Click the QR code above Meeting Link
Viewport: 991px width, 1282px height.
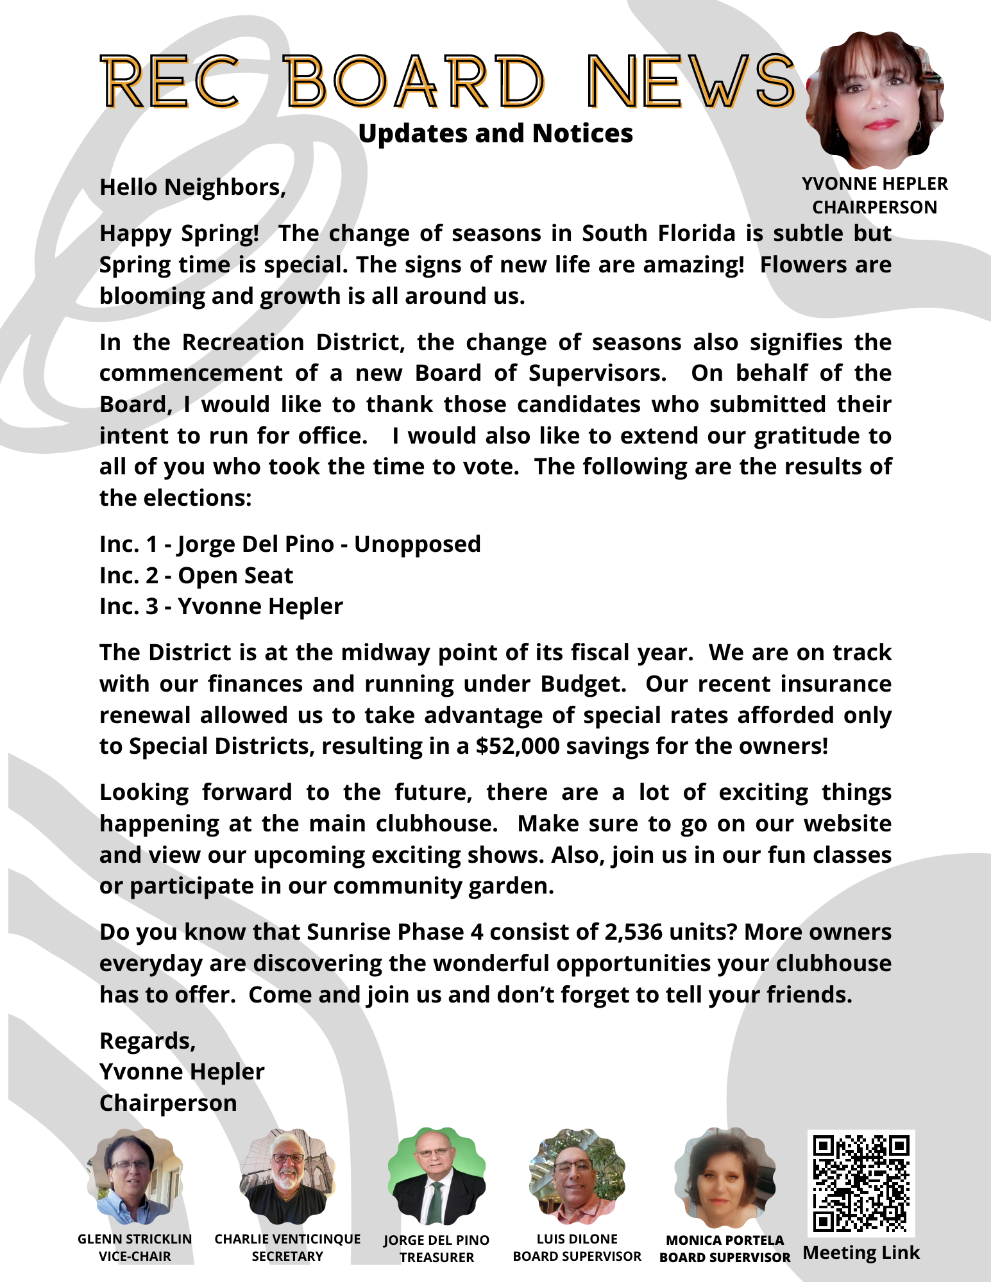pyautogui.click(x=861, y=1183)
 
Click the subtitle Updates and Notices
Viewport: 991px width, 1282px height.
pyautogui.click(x=495, y=133)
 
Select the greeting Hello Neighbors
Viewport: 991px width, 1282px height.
pyautogui.click(x=192, y=187)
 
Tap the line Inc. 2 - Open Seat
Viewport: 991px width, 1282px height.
pyautogui.click(x=196, y=575)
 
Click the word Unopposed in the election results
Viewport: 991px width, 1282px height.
pyautogui.click(x=417, y=544)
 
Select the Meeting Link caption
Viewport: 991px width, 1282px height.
pyautogui.click(x=861, y=1253)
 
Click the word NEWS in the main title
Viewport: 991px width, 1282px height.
pyautogui.click(x=691, y=81)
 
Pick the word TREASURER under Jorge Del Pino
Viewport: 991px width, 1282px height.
pyautogui.click(x=436, y=1258)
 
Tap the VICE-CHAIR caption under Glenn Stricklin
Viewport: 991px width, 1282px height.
pyautogui.click(x=135, y=1256)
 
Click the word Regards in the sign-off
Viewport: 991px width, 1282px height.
pyautogui.click(x=147, y=1040)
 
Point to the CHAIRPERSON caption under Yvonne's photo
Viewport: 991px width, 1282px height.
pyautogui.click(x=874, y=207)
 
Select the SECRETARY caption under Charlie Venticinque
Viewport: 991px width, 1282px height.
pyautogui.click(x=287, y=1256)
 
